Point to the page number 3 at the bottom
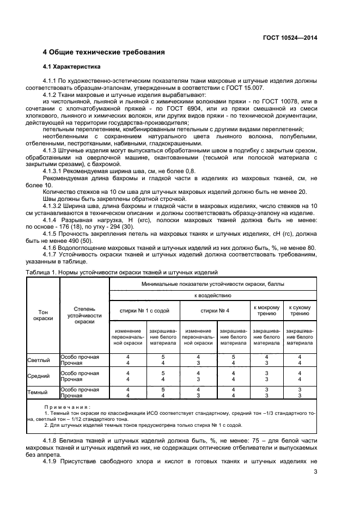[315, 471]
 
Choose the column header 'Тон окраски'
[42, 315]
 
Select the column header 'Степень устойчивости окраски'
[84, 315]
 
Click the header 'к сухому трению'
[300, 310]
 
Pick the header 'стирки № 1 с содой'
[144, 310]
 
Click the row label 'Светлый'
[39, 360]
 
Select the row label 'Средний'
[39, 376]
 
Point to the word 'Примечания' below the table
[68, 407]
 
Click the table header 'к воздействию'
[213, 295]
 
